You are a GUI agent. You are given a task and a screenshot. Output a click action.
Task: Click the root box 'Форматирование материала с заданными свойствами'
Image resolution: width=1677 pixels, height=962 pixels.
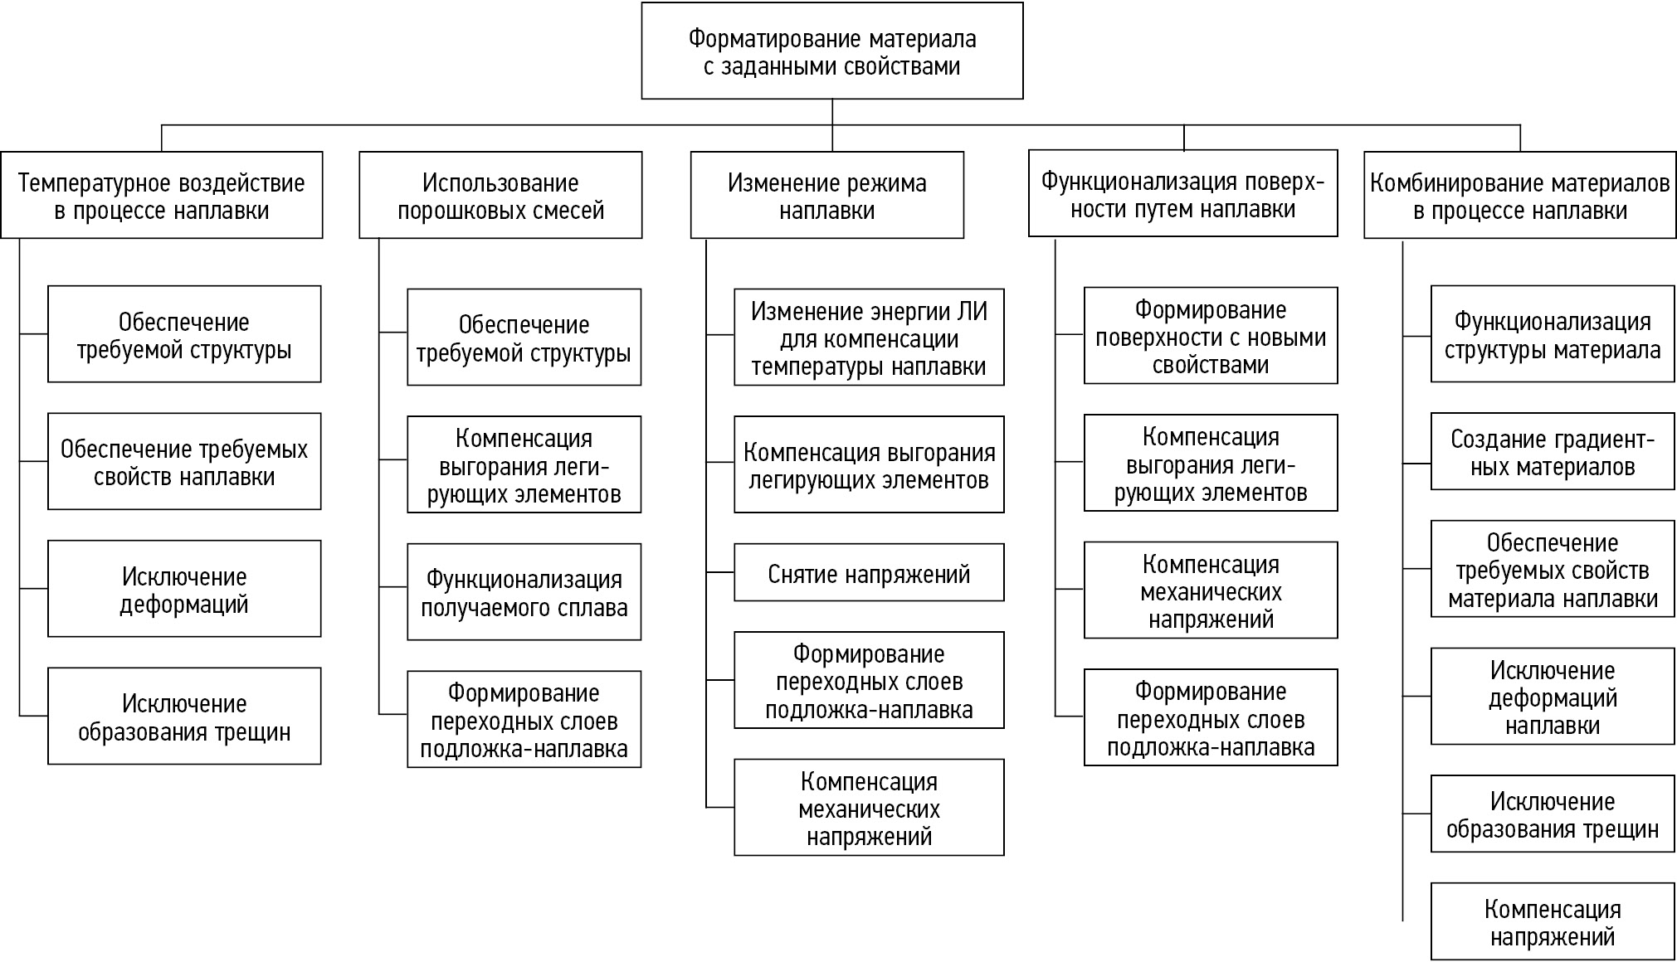tap(831, 51)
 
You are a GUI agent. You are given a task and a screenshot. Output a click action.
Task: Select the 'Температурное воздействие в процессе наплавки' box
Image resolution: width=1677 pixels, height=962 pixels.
tap(161, 196)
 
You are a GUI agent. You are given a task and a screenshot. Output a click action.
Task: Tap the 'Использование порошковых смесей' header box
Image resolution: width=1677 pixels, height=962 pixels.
tap(500, 196)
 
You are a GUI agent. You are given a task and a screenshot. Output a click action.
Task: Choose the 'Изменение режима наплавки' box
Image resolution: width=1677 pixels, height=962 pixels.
tap(826, 196)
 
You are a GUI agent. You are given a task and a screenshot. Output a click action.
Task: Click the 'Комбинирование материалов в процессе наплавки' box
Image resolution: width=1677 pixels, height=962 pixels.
tap(1519, 196)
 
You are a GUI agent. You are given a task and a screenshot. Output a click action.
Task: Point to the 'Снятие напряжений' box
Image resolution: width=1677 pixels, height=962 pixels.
tap(869, 573)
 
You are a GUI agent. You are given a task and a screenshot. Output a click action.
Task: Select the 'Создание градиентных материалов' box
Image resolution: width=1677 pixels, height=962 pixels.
tap(1552, 453)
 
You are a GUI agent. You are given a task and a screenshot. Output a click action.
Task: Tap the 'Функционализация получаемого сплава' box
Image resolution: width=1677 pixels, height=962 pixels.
tap(524, 592)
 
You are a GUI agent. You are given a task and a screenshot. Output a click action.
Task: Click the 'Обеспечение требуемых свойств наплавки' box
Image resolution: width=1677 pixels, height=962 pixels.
tap(184, 462)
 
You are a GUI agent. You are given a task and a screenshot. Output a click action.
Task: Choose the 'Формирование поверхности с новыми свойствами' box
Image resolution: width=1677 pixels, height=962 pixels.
tap(1210, 336)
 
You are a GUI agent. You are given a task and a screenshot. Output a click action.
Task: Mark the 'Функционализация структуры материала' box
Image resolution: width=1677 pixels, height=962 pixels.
tap(1552, 334)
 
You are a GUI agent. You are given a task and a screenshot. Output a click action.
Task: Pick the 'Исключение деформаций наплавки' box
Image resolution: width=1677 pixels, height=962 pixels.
tap(1552, 697)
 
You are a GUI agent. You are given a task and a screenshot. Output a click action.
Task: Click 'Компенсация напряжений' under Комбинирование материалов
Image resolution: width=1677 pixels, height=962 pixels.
tap(1552, 922)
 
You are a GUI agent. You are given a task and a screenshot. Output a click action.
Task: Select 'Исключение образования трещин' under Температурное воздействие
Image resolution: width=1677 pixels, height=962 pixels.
tap(184, 717)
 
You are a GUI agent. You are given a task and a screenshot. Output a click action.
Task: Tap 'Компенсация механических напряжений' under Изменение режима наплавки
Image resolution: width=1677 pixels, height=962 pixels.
tap(869, 808)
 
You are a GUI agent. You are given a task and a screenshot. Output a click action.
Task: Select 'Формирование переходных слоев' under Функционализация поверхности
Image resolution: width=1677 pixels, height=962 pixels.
tap(1210, 718)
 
